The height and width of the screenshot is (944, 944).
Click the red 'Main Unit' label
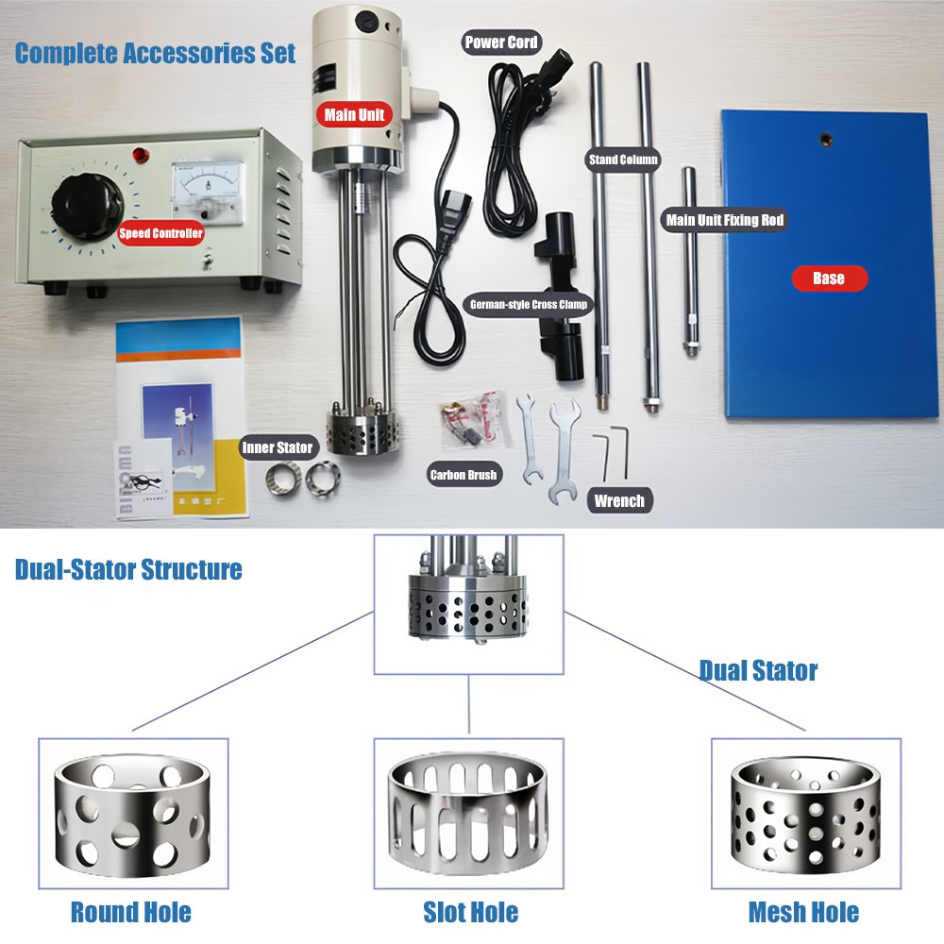pos(354,114)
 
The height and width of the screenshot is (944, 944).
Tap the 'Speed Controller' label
pos(160,233)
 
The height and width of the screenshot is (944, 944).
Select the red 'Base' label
pos(829,278)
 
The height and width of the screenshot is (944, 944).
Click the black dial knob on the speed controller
pos(87,208)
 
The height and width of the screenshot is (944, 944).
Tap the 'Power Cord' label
pos(501,42)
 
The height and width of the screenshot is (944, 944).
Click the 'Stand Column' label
pos(623,160)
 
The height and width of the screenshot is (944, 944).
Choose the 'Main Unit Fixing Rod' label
pos(725,220)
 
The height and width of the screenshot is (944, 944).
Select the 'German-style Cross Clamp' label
pos(529,304)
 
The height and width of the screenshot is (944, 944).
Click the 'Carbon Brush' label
pos(464,475)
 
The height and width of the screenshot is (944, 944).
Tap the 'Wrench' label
pos(619,500)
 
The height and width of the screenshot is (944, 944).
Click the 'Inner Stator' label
pos(278,447)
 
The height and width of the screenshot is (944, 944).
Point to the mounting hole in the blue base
pos(826,141)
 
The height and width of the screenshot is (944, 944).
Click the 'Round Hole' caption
pos(131,912)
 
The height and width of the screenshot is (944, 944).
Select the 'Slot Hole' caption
pos(471,912)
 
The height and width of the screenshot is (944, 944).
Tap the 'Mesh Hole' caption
pos(803,912)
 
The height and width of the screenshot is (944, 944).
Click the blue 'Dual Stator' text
pos(759,670)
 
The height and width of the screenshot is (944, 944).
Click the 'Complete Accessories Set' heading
pos(156,53)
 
